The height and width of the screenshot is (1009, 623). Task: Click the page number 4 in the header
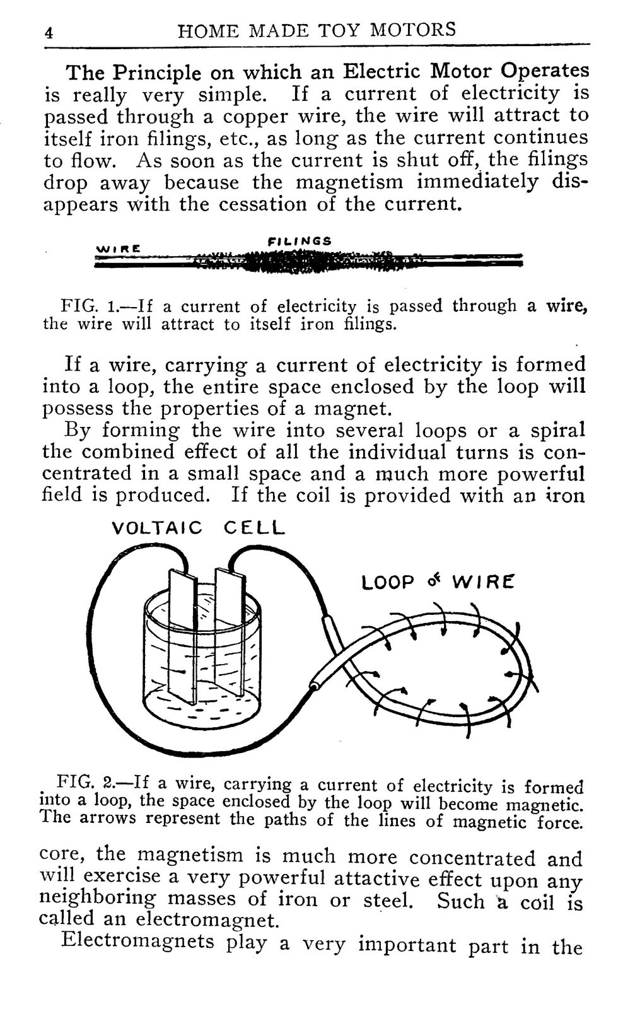[x=49, y=33]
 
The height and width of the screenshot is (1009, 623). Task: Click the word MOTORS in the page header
[x=413, y=30]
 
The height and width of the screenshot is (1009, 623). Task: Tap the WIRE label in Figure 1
[x=118, y=248]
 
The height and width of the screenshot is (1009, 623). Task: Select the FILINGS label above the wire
[x=300, y=241]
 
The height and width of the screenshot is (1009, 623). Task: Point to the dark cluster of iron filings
[x=288, y=261]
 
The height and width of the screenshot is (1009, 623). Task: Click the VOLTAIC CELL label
[x=198, y=527]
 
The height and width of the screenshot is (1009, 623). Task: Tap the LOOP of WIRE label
[x=438, y=582]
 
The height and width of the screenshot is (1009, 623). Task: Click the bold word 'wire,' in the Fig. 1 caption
[x=567, y=306]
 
